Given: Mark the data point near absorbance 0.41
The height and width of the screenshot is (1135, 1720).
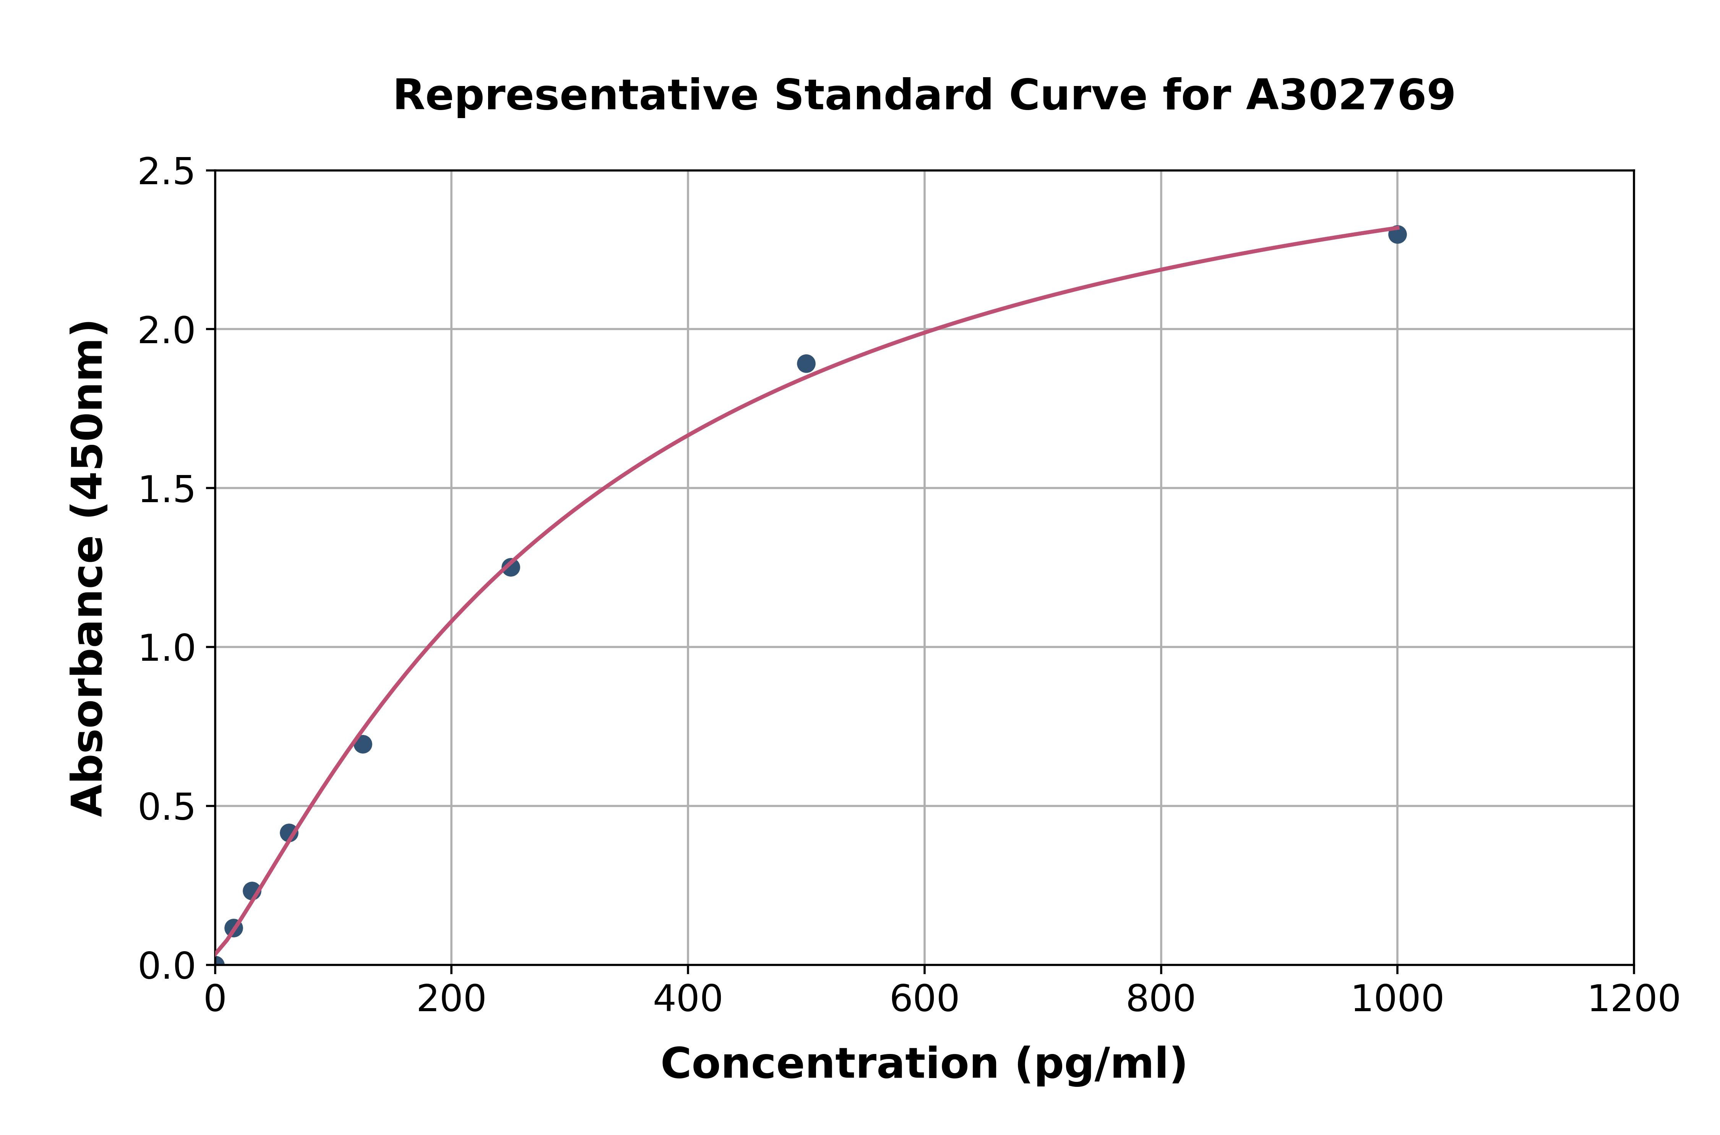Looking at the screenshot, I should [289, 833].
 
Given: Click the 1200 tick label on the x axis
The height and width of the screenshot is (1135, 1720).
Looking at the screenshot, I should [1633, 1000].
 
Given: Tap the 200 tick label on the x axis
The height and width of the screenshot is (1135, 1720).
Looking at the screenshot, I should [451, 1000].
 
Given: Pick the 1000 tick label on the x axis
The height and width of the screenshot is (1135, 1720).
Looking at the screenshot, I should [1397, 1000].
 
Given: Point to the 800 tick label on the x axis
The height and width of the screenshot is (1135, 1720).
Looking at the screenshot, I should [1160, 1000].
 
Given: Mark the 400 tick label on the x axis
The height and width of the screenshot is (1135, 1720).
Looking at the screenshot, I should [688, 1000].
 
